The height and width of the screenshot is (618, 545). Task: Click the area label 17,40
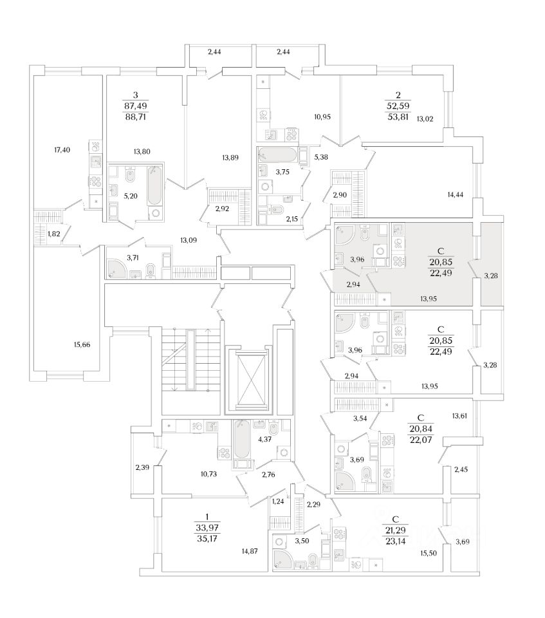[62, 150]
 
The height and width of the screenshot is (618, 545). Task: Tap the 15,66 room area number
[82, 345]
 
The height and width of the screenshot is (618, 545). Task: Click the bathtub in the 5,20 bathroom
[155, 190]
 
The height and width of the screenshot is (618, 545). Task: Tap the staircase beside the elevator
[178, 360]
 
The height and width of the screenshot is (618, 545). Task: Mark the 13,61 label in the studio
[460, 416]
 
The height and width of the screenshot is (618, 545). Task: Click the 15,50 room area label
[428, 553]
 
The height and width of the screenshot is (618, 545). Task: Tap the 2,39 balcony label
[143, 466]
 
